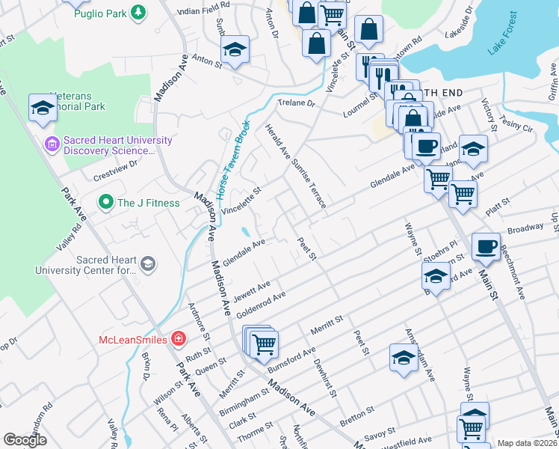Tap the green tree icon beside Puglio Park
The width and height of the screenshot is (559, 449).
tap(138, 12)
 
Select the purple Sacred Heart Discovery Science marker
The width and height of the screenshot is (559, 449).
tap(51, 143)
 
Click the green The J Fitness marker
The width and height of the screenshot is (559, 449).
tap(105, 202)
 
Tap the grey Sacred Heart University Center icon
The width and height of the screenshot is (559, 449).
tap(148, 263)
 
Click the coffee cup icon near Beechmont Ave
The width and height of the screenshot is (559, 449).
tap(486, 246)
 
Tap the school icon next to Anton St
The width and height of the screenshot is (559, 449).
tap(235, 50)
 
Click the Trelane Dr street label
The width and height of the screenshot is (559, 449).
tap(297, 103)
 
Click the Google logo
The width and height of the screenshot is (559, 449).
tap(25, 440)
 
